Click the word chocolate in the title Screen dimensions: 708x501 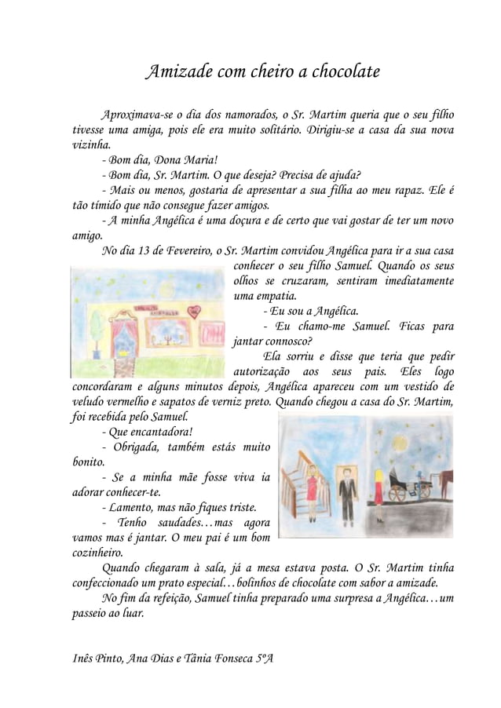pyautogui.click(x=341, y=74)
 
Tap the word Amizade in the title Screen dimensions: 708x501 pyautogui.click(x=179, y=74)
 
